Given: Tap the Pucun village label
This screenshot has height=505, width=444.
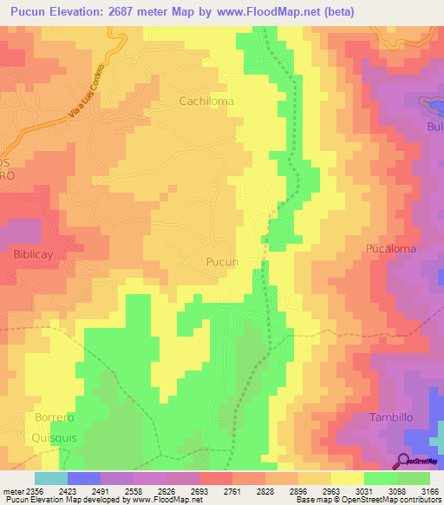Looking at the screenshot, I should (x=222, y=261).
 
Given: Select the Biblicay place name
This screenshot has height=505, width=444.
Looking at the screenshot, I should (x=36, y=255).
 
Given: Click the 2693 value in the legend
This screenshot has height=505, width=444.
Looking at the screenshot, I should (x=198, y=491).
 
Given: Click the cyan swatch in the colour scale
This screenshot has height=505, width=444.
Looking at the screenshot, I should (x=51, y=478).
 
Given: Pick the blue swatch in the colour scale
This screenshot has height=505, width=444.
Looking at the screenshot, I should (x=84, y=478).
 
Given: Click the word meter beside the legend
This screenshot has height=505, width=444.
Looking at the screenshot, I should (x=10, y=491).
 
